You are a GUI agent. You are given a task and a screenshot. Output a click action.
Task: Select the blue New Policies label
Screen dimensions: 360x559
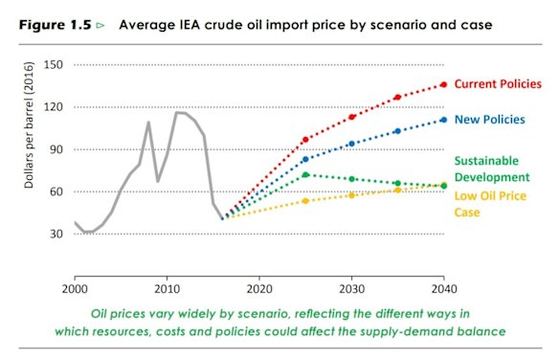pos(488,120)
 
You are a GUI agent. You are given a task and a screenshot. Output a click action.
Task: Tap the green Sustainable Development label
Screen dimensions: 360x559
pos(491,169)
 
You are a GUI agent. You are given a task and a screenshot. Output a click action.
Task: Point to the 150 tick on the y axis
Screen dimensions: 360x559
pos(53,65)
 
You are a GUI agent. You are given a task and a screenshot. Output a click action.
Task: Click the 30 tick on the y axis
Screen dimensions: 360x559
pos(56,234)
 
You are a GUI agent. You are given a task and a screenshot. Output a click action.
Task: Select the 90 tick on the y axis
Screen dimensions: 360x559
pos(56,149)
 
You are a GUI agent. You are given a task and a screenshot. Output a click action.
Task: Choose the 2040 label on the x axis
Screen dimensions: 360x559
pos(443,287)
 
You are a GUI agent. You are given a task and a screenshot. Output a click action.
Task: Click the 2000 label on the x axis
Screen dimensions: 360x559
pos(75,287)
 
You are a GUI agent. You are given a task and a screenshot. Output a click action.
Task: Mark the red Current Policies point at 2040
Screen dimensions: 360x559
pos(443,84)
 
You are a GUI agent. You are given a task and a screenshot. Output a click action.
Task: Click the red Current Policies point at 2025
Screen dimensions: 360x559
pos(305,140)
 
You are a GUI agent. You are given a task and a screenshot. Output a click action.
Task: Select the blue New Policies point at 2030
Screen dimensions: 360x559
pos(351,144)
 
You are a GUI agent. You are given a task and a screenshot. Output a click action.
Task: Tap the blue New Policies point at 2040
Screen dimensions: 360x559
pos(443,120)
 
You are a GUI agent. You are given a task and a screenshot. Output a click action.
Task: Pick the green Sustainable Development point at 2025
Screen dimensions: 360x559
pos(305,174)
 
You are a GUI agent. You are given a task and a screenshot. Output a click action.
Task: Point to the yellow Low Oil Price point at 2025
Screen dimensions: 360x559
pos(305,201)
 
